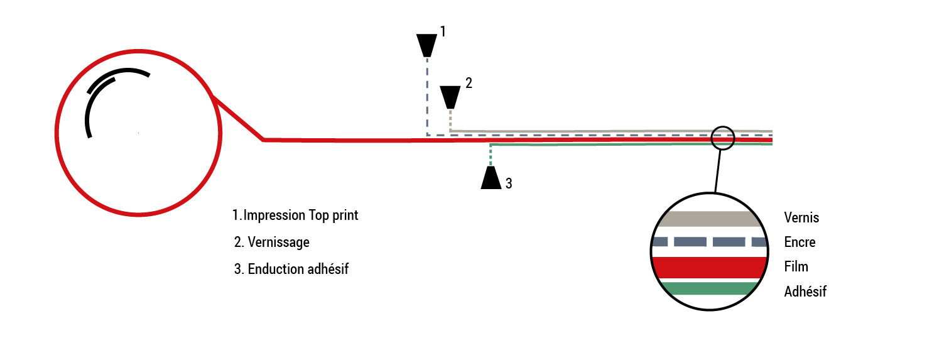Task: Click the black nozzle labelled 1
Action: (427, 45)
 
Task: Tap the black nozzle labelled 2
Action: (450, 97)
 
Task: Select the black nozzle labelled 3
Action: (491, 177)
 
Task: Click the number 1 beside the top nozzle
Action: (442, 31)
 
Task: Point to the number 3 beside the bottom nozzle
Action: (509, 183)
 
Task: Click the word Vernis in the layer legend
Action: (801, 218)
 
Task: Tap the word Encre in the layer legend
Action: (800, 242)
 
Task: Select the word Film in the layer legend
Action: (796, 266)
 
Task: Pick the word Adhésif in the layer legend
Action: (805, 292)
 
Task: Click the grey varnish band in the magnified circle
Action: (709, 219)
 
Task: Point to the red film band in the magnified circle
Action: (709, 266)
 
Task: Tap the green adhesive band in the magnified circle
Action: (709, 288)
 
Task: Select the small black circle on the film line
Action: (723, 138)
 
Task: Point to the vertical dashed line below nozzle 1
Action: (427, 94)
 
